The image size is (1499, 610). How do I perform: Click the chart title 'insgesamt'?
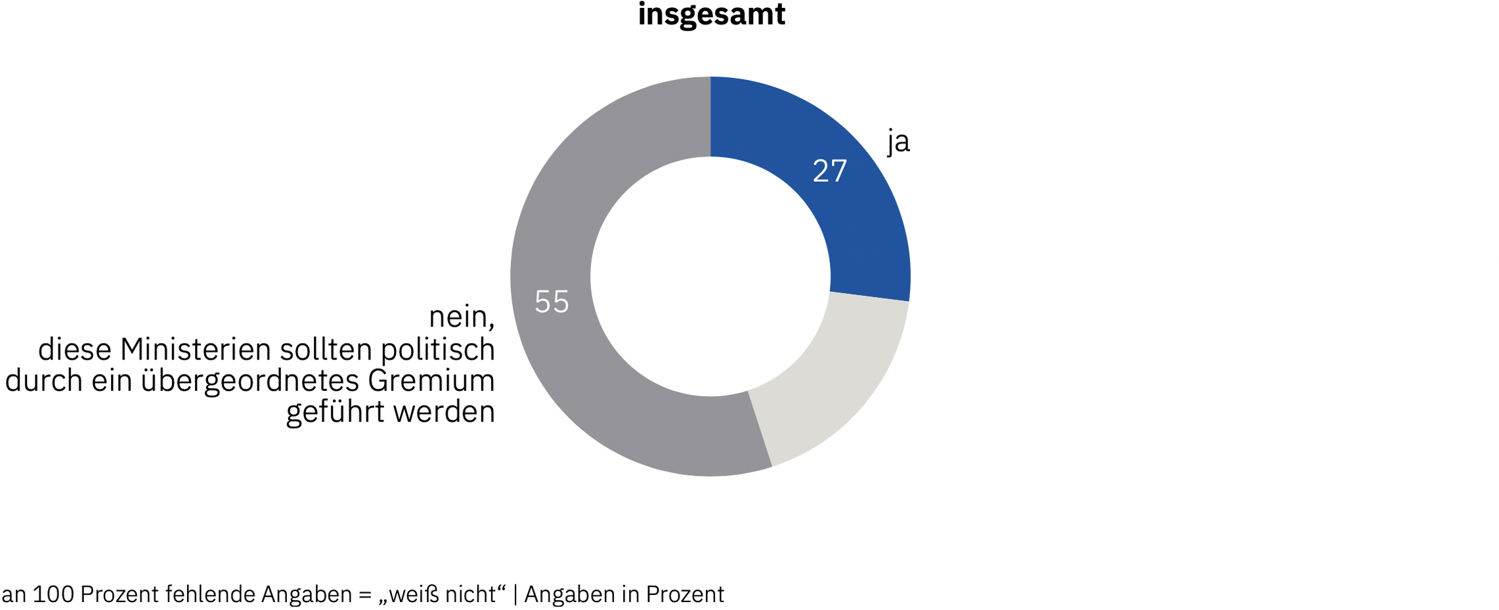711,15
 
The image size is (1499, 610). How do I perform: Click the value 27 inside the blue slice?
829,171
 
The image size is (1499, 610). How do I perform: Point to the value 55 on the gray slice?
552,302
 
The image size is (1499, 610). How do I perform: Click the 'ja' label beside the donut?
898,141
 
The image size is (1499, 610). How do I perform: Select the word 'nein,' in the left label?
462,317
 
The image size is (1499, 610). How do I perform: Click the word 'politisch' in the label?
438,350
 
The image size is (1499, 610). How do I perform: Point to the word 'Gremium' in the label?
431,381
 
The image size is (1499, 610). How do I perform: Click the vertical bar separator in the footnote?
515,594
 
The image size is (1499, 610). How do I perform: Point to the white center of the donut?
710,276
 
